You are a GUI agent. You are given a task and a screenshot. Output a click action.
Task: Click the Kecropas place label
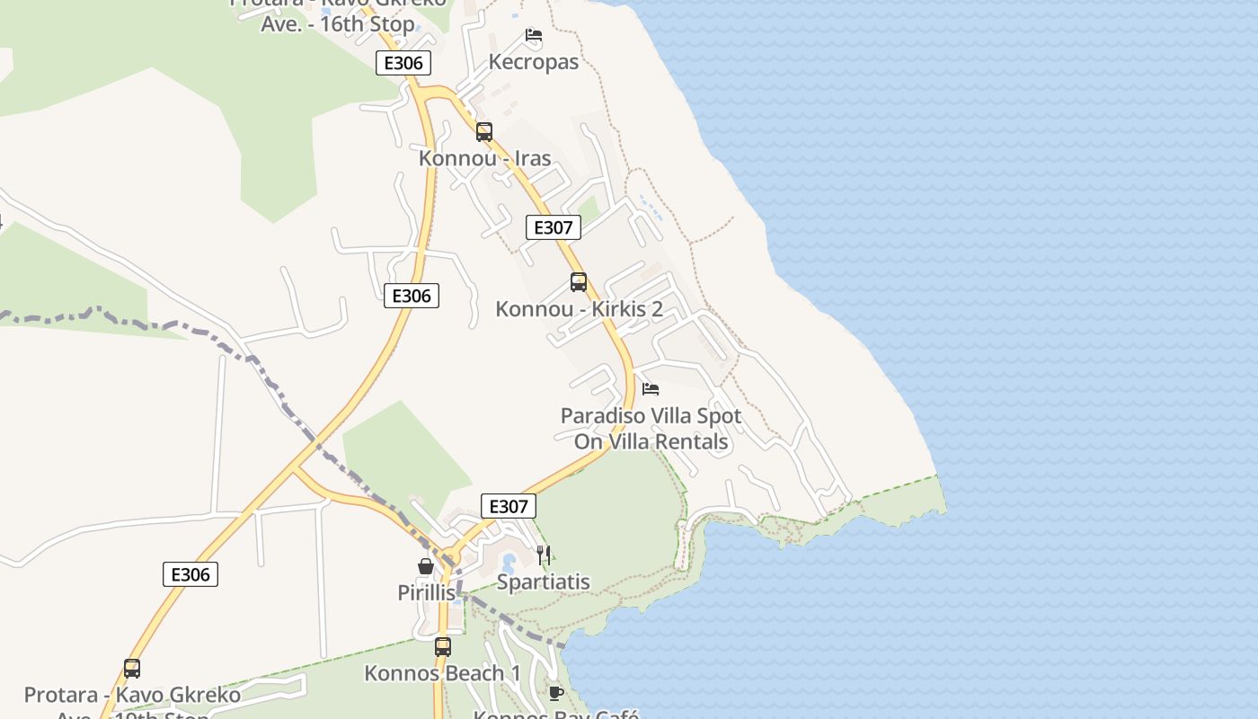[x=534, y=62]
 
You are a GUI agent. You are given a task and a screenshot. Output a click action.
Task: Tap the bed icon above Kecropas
[x=534, y=36]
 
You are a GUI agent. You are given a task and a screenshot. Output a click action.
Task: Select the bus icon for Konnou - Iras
[x=484, y=132]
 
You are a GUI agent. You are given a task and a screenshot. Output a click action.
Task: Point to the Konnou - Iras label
[x=484, y=158]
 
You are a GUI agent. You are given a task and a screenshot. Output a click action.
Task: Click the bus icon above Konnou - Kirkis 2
[x=579, y=282]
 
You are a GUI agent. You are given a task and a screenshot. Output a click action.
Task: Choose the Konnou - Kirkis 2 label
[x=579, y=309]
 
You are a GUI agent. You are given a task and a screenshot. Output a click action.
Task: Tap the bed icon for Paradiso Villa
[x=651, y=389]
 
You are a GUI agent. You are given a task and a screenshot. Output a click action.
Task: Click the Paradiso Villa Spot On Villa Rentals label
[x=651, y=429]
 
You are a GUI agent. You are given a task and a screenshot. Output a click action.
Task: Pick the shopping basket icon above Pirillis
[x=426, y=566]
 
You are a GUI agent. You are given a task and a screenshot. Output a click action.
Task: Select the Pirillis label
[x=426, y=592]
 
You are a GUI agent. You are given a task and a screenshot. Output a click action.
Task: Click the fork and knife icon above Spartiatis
[x=544, y=555]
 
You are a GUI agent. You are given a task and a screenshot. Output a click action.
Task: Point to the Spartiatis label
[x=544, y=581]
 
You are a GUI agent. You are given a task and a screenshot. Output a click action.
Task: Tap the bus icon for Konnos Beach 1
[x=442, y=646]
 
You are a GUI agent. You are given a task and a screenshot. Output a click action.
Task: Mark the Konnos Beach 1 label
[x=442, y=672]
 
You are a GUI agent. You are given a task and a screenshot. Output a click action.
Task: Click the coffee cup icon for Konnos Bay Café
[x=555, y=692]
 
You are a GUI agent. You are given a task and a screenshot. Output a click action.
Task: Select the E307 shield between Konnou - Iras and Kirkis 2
[x=553, y=227]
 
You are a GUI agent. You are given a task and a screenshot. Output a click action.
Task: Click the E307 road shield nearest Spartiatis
[x=509, y=506]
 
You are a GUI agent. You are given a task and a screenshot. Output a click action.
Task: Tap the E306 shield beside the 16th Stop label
[x=403, y=63]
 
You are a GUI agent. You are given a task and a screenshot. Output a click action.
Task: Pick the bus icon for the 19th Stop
[x=132, y=669]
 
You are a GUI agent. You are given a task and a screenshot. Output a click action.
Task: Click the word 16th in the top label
[x=342, y=23]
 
